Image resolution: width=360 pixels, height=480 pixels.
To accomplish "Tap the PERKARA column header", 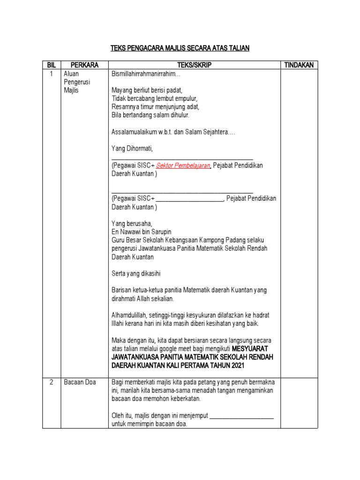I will pyautogui.click(x=84, y=65).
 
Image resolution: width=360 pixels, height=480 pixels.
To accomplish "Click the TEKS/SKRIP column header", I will pyautogui.click(x=194, y=65).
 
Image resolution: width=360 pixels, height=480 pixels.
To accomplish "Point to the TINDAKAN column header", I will pyautogui.click(x=299, y=65).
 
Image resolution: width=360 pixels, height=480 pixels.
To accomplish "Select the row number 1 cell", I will pyautogui.click(x=51, y=74).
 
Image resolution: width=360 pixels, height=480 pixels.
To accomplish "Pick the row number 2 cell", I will pyautogui.click(x=51, y=382).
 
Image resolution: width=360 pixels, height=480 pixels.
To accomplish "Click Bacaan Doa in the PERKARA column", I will pyautogui.click(x=80, y=382).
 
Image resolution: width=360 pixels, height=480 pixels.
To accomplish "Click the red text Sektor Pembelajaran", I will pyautogui.click(x=183, y=166).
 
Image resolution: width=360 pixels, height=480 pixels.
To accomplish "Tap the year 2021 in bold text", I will pyautogui.click(x=237, y=365).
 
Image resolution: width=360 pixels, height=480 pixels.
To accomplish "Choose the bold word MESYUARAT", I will pyautogui.click(x=253, y=348).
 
